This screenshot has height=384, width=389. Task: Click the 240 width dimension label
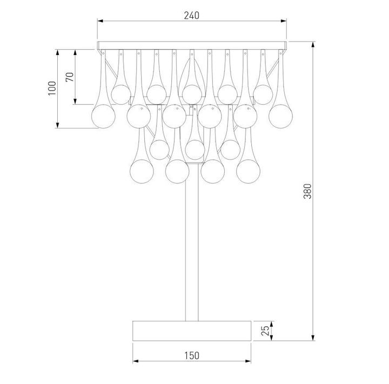coord(191,15)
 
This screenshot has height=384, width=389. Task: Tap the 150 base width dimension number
coord(192,355)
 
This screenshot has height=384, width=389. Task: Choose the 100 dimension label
coord(52,88)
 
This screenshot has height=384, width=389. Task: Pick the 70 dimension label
coord(69,77)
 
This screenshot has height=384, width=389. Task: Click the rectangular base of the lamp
coord(192,330)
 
